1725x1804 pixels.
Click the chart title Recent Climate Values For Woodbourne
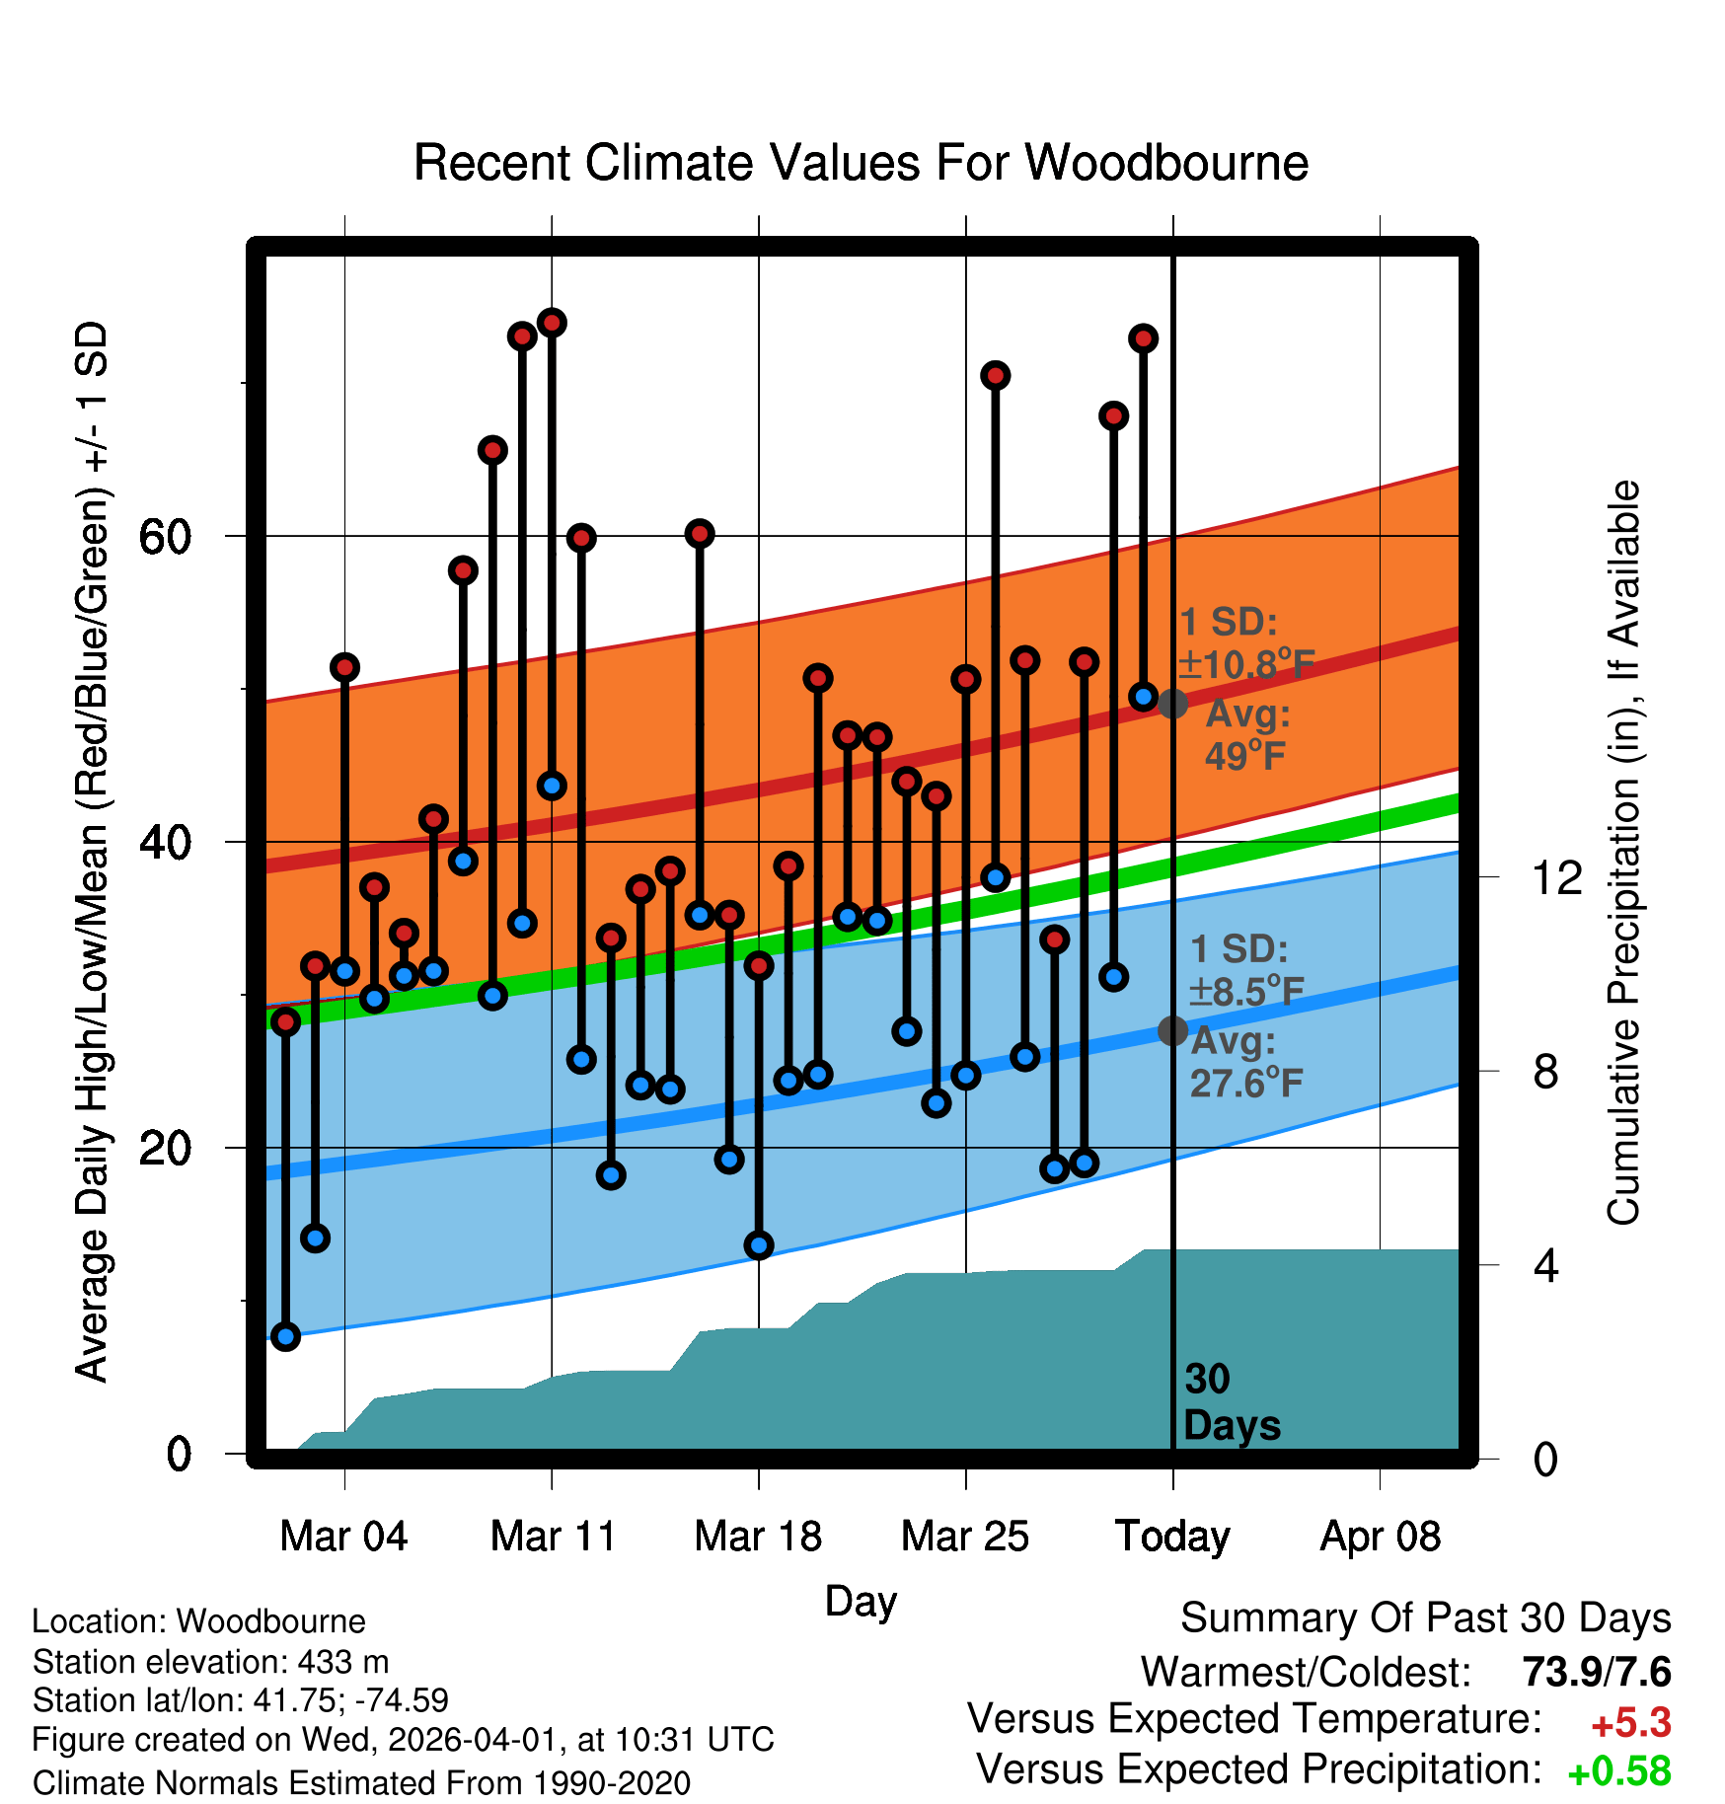tap(861, 164)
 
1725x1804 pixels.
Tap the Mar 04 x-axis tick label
tap(343, 1537)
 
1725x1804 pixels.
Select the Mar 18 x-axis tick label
tap(758, 1537)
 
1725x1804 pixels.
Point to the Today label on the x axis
tap(1172, 1537)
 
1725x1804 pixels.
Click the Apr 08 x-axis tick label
tap(1380, 1537)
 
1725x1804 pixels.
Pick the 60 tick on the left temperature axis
tap(165, 537)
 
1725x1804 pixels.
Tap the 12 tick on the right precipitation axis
tap(1557, 877)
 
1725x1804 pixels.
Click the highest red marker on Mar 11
tap(552, 323)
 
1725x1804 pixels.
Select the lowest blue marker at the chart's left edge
tap(285, 1336)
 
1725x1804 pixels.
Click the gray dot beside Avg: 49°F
tap(1172, 704)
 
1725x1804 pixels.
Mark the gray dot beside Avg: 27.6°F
tap(1172, 1030)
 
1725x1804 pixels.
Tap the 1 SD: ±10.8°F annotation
tap(1246, 643)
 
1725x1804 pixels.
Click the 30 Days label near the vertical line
tap(1231, 1402)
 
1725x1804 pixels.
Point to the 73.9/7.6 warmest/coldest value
tap(1596, 1672)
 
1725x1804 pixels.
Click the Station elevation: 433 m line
tap(210, 1662)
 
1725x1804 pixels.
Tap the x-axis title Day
tap(861, 1601)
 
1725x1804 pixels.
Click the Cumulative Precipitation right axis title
tap(1623, 853)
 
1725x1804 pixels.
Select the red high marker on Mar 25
tap(965, 679)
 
